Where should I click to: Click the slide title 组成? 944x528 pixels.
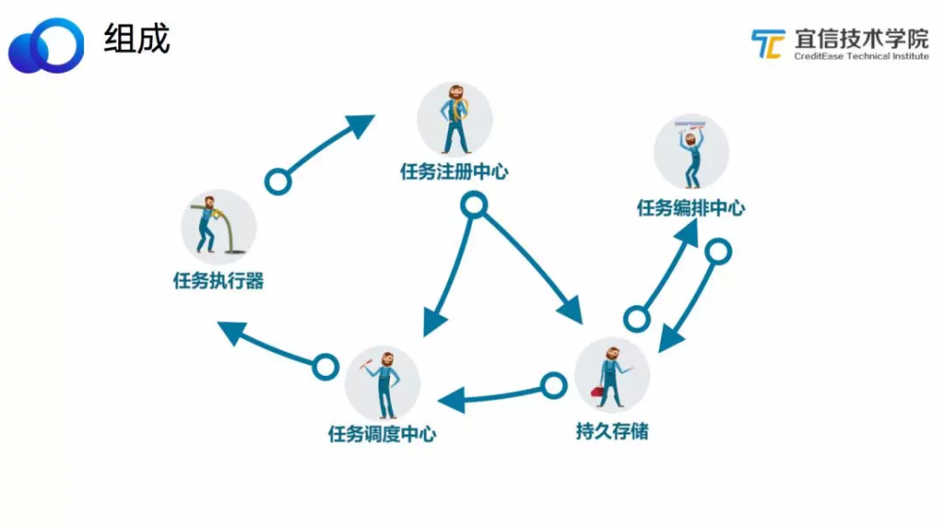point(137,40)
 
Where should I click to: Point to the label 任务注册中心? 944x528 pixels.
point(455,172)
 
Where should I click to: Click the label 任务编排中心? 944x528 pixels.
point(690,208)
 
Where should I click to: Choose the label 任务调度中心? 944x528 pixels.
point(382,434)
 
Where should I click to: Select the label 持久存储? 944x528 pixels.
point(612,432)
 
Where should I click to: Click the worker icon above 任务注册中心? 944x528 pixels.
point(455,119)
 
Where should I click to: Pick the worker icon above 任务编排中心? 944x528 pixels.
point(691,151)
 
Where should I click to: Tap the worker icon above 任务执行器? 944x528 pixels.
point(218,227)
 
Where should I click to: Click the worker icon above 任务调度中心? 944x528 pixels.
point(382,383)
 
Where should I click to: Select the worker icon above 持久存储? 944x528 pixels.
point(612,375)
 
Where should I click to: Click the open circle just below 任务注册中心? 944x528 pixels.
point(473,205)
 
